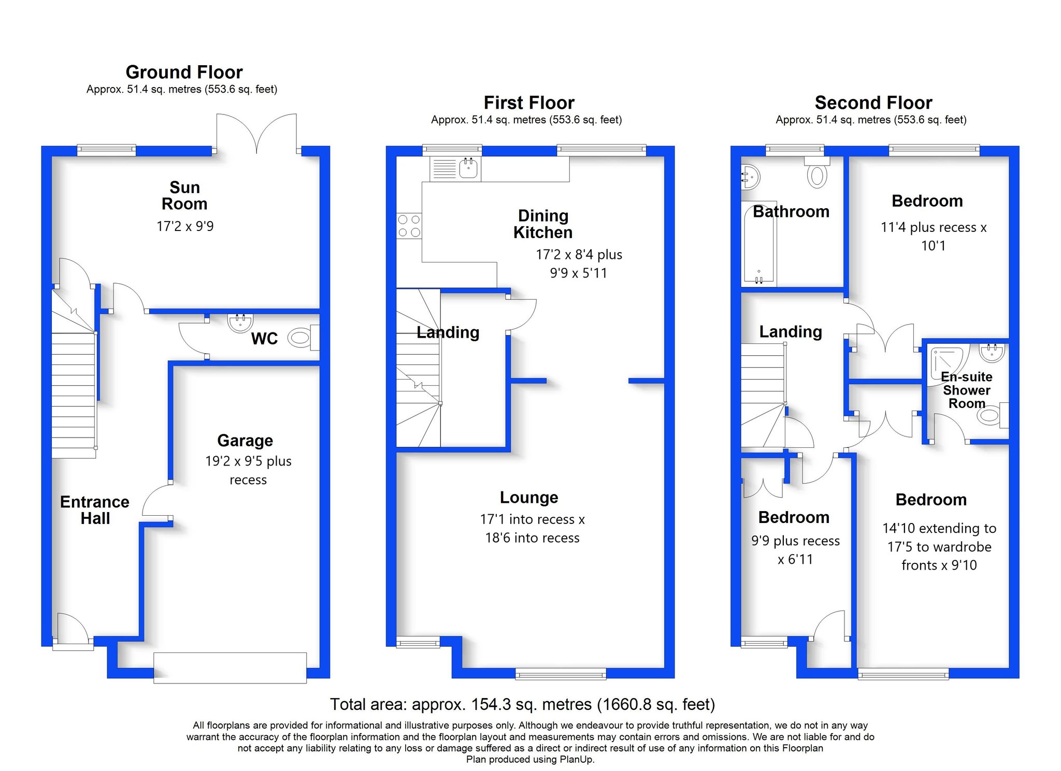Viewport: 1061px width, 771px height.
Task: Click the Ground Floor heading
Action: tap(184, 72)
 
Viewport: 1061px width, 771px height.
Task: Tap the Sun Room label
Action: tap(184, 195)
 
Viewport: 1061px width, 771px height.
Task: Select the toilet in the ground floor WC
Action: tap(303, 338)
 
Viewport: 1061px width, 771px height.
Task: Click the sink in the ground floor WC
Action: tap(240, 322)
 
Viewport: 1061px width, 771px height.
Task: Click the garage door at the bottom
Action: tap(230, 667)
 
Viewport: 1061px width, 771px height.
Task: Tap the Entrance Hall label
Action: tap(95, 510)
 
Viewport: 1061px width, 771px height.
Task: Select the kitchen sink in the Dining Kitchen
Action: tap(455, 169)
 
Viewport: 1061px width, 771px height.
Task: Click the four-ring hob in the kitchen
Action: tap(409, 226)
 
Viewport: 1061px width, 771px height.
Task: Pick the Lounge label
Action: tap(529, 497)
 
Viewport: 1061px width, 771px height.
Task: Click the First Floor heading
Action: tap(529, 103)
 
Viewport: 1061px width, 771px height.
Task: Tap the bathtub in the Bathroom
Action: tap(759, 243)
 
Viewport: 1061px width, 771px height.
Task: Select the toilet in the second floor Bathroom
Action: tap(817, 172)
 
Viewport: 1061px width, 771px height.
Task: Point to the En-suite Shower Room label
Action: tap(967, 390)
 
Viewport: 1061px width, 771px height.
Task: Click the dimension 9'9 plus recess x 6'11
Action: tap(795, 550)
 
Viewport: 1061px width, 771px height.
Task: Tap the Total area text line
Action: tap(523, 704)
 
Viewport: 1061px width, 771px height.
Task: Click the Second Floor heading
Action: tap(873, 103)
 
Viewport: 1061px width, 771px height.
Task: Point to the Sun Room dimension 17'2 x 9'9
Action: tap(185, 226)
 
